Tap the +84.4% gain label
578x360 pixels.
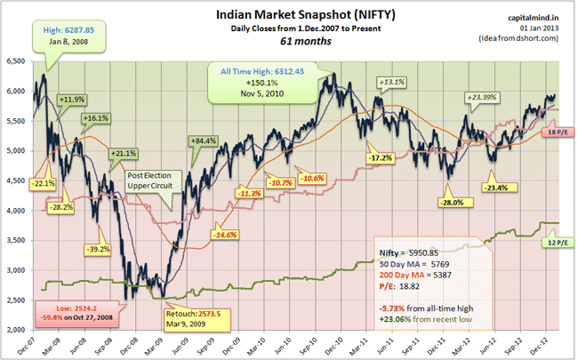[x=204, y=140]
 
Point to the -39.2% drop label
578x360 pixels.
[x=96, y=249]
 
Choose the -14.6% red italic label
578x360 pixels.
[x=221, y=234]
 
